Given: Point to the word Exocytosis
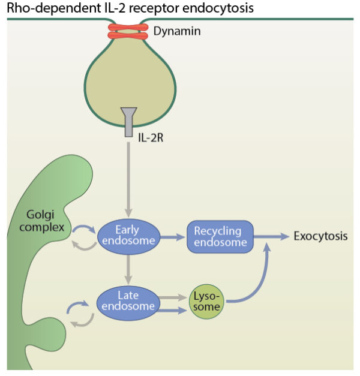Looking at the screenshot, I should pyautogui.click(x=320, y=236).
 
